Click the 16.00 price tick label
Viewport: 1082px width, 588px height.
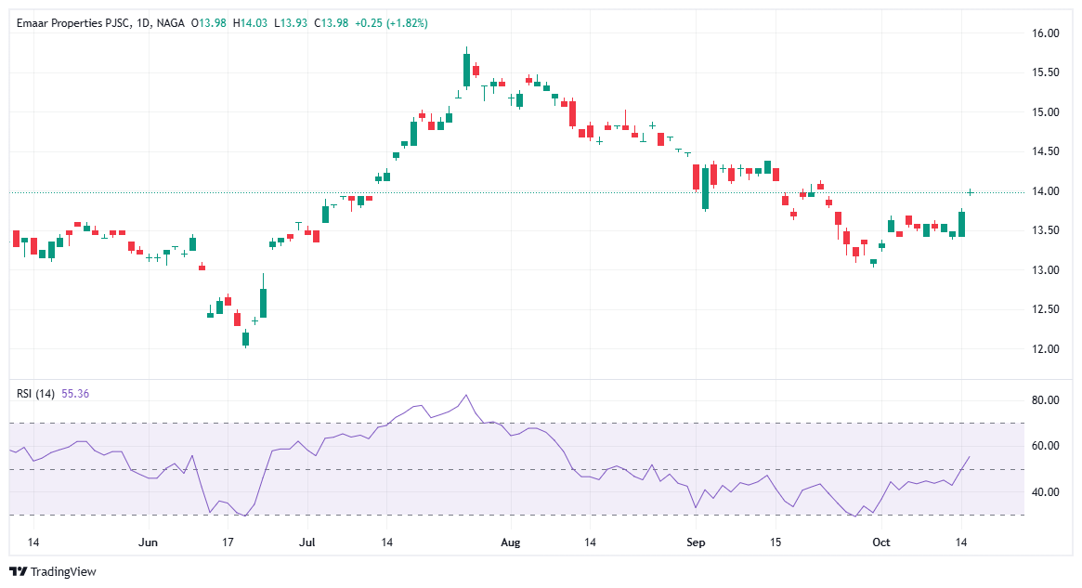(x=1046, y=33)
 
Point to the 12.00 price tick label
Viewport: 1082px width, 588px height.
(x=1046, y=349)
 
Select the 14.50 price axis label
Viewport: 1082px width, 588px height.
(x=1046, y=151)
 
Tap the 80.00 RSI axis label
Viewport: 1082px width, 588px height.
(x=1046, y=400)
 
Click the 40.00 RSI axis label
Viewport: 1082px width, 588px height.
(x=1046, y=492)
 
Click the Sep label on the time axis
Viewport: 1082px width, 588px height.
(x=697, y=542)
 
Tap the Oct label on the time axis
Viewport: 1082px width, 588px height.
(x=881, y=542)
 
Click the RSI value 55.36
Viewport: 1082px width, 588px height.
(x=75, y=394)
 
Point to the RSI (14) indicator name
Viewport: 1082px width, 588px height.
(x=36, y=394)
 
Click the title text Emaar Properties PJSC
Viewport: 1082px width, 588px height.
(x=71, y=23)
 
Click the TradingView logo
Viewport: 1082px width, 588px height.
(x=53, y=571)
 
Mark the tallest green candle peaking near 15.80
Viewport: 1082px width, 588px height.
(x=466, y=70)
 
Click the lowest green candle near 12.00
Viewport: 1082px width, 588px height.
(x=246, y=339)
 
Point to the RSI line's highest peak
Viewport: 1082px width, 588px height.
(x=466, y=395)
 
